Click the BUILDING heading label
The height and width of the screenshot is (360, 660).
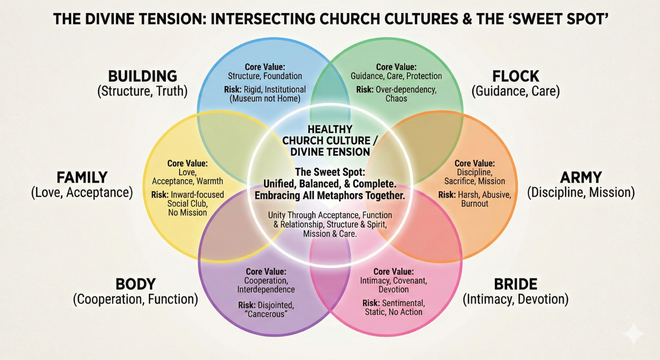[x=143, y=76]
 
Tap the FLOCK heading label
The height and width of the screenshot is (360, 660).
[x=516, y=76]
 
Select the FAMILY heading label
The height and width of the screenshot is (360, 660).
[x=82, y=177]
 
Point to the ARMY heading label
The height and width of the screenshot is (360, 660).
[x=581, y=177]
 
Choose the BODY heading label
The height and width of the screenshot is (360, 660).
[x=136, y=284]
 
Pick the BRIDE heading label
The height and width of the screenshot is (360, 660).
[x=516, y=284]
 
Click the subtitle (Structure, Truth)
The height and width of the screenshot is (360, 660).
[x=143, y=91]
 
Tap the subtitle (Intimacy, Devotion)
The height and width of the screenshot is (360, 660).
[x=516, y=299]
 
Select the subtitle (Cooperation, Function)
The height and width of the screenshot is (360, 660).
[x=136, y=299]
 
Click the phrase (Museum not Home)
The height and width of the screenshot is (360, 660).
[x=265, y=99]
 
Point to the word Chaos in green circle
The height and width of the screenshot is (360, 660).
[x=397, y=99]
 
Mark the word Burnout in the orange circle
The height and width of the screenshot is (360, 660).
[x=475, y=204]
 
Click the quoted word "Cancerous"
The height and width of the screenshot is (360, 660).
[x=266, y=314]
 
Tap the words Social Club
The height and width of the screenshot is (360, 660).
[x=187, y=204]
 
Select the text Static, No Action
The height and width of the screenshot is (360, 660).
[x=393, y=312]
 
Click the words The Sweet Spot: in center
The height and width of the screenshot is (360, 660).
[x=330, y=172]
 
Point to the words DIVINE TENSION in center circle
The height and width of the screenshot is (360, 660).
[x=330, y=152]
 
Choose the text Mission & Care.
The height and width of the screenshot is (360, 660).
[x=330, y=234]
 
